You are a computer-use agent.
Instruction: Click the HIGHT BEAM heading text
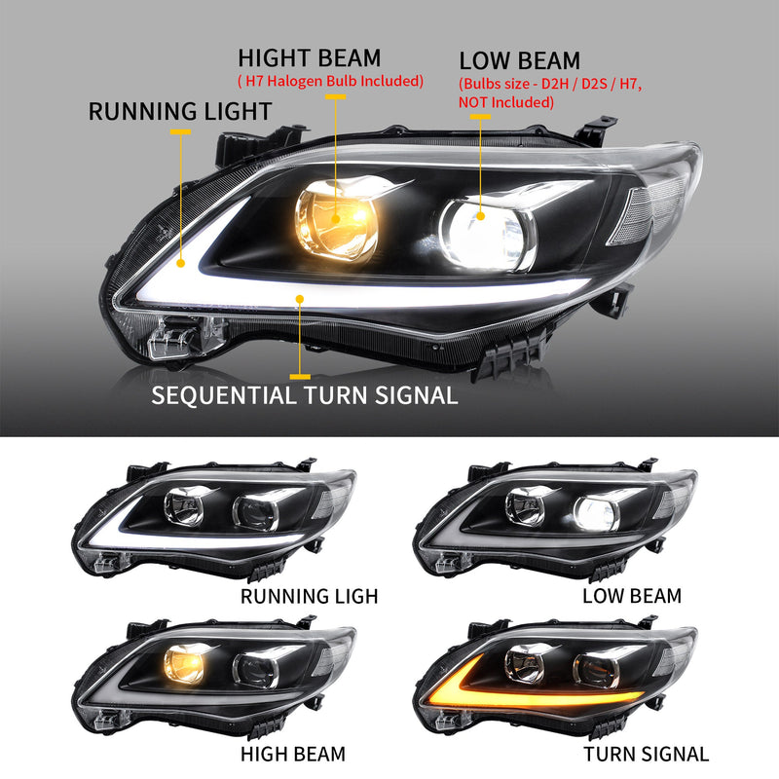(x=309, y=57)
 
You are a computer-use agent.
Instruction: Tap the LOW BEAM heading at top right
(x=519, y=61)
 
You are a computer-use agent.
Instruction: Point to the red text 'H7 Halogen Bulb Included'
(x=331, y=81)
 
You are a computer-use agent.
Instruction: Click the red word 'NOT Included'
(x=505, y=102)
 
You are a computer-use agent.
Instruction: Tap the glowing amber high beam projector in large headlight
(x=336, y=214)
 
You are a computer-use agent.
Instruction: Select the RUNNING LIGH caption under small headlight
(x=309, y=595)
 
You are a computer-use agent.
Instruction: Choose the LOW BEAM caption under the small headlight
(x=632, y=595)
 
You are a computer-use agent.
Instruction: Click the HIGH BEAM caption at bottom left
(x=292, y=754)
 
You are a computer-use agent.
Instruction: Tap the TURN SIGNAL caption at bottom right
(x=647, y=754)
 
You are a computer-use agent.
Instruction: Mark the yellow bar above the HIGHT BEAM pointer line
(x=336, y=96)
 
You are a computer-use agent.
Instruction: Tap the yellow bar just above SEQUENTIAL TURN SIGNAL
(x=301, y=375)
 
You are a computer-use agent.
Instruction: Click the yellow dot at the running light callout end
(x=181, y=261)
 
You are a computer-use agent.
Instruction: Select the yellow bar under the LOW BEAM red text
(x=480, y=117)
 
